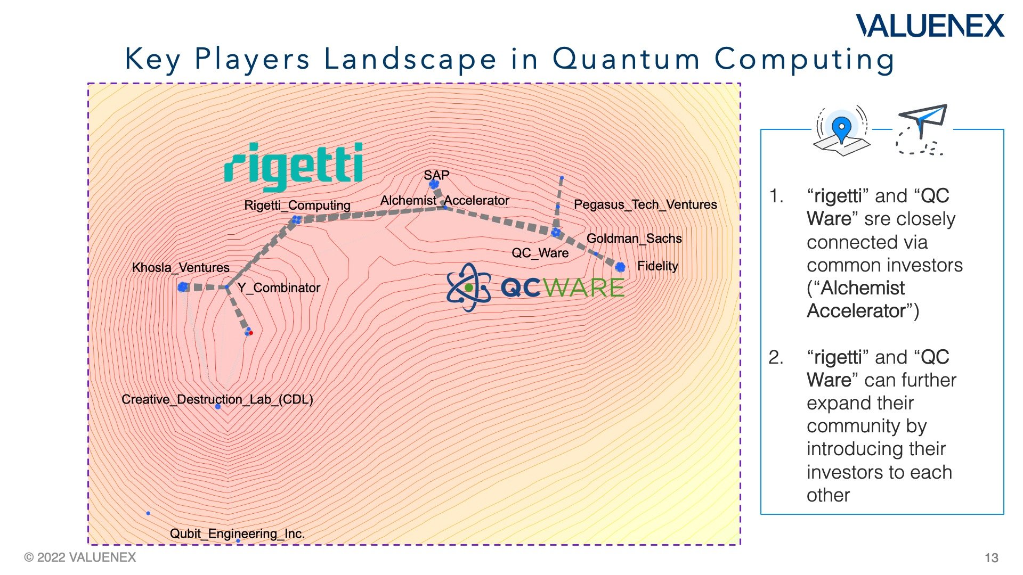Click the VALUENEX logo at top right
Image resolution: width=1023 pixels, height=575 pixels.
(x=930, y=26)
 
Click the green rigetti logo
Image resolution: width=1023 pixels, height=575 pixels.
(x=294, y=166)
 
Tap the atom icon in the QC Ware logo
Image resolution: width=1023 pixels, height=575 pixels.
(x=468, y=287)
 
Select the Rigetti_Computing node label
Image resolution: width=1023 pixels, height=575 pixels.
(x=297, y=205)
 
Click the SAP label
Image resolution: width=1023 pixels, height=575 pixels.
(x=436, y=175)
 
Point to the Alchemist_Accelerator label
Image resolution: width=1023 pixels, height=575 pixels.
(x=444, y=201)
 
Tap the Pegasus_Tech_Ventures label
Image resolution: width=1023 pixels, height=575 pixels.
(x=645, y=204)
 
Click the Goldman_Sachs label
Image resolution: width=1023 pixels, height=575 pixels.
(x=634, y=238)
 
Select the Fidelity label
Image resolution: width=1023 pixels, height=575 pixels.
(x=657, y=266)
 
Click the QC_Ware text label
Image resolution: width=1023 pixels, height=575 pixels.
(x=540, y=253)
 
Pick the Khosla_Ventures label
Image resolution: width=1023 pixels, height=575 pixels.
(x=181, y=267)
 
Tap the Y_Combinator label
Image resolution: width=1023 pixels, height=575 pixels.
(x=278, y=287)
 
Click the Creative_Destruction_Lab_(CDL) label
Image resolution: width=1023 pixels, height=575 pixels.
(x=217, y=399)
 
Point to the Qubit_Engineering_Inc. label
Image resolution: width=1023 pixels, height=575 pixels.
(x=237, y=533)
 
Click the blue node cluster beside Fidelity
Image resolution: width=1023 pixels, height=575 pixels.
(x=620, y=267)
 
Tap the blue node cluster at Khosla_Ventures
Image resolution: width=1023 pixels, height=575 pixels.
(x=183, y=287)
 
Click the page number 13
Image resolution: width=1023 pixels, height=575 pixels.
(x=991, y=557)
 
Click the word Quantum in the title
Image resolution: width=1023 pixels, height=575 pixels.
(x=626, y=59)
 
